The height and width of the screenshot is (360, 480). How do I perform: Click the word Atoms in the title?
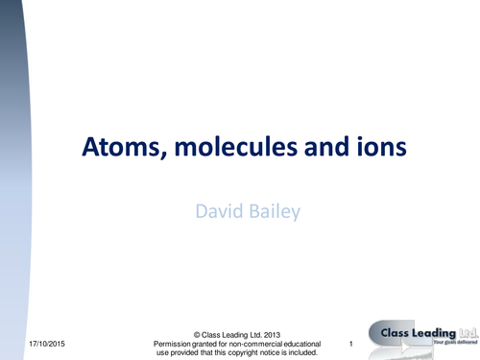(x=112, y=150)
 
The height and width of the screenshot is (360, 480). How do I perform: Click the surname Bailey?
(x=272, y=208)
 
